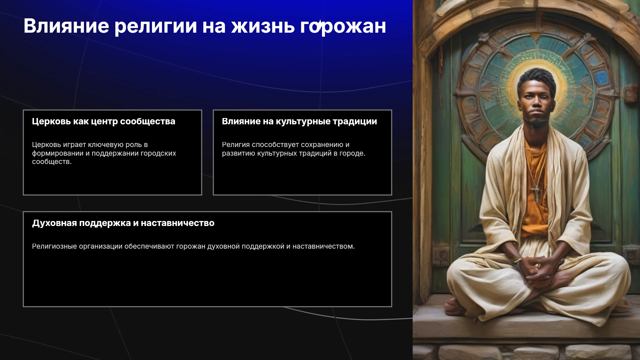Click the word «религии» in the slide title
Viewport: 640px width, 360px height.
click(156, 26)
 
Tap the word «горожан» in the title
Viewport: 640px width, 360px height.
click(343, 26)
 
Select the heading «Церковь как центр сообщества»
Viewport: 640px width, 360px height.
click(104, 121)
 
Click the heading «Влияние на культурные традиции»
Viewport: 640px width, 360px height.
click(299, 121)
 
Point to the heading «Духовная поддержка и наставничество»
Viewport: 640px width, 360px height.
click(123, 223)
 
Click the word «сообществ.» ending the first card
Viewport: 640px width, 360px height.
click(52, 162)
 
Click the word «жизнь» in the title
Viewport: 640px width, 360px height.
click(263, 26)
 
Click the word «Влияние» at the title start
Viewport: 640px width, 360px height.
click(66, 26)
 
